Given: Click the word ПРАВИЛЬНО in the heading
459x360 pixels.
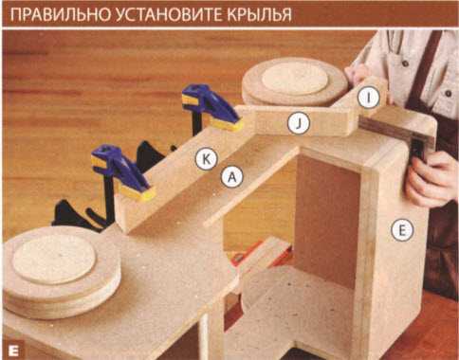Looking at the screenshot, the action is pos(60,15).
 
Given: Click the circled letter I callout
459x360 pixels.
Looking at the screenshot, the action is pos(369,98).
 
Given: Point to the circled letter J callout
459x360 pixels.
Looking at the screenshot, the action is pos(299,124).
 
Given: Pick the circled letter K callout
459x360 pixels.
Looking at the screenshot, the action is pos(206,159).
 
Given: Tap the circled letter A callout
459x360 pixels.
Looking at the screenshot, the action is pos(232,177).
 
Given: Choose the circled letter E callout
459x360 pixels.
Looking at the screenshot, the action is pos(402,230).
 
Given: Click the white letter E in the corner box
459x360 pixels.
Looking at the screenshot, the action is pos(13,350).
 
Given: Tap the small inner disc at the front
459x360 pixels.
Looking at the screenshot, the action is pos(54,261).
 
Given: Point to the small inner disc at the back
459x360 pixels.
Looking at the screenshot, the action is pos(295,80).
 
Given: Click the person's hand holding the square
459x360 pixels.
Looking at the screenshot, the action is pos(431,178).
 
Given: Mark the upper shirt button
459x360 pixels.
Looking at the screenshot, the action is pos(406,64).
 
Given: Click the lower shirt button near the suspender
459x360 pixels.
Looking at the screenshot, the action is pos(448,94).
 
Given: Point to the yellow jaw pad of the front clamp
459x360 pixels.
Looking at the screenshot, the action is pos(138,192).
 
